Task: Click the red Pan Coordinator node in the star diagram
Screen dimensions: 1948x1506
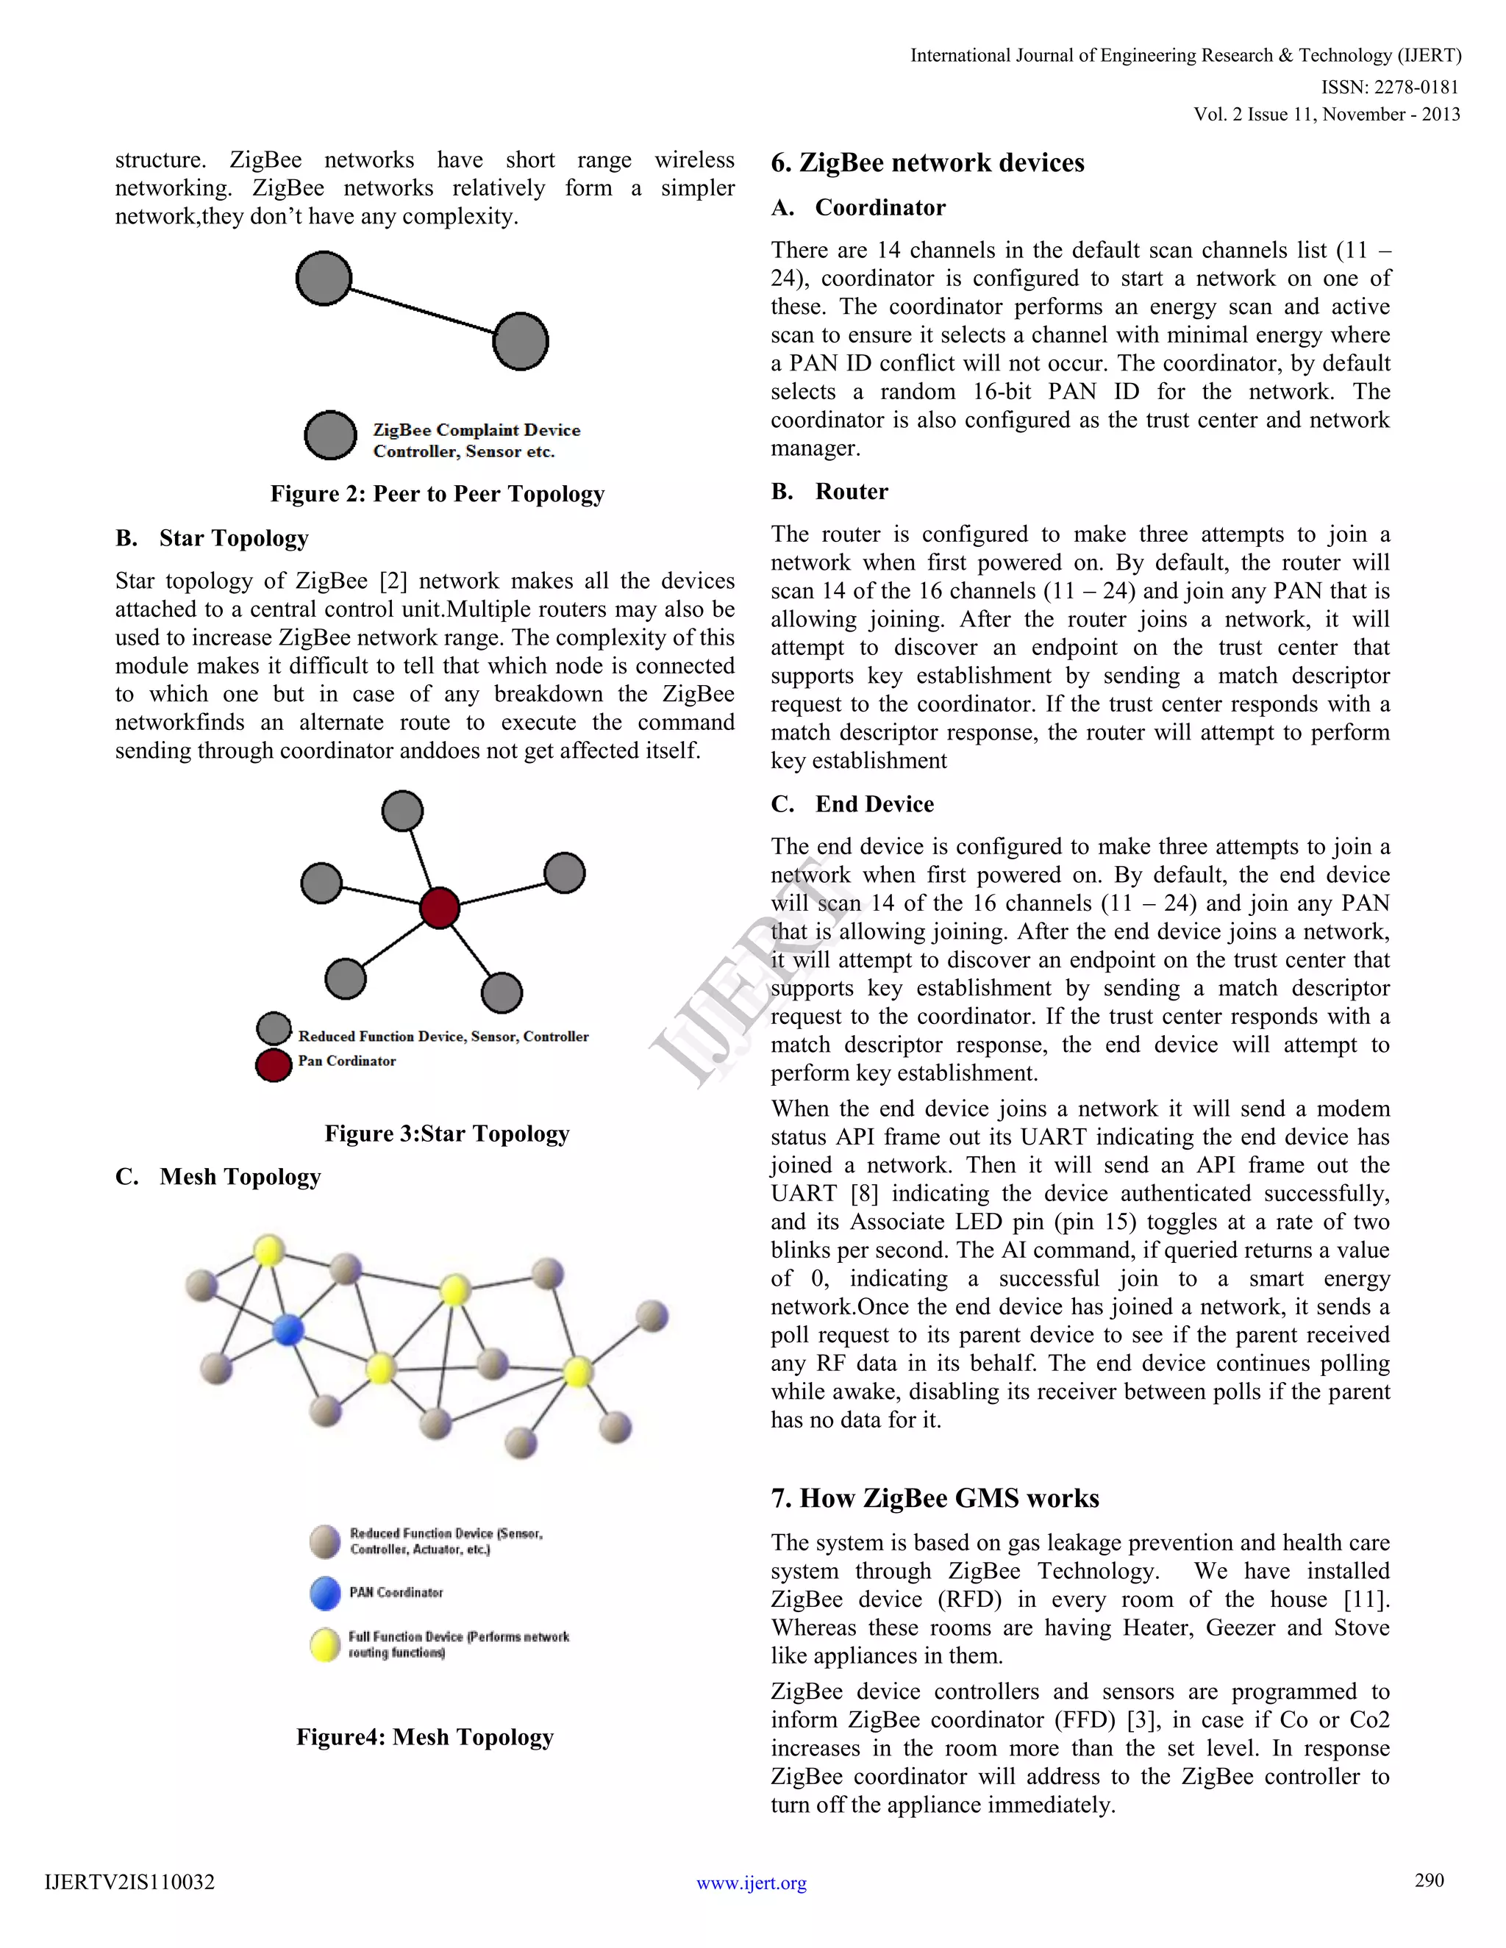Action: [x=439, y=908]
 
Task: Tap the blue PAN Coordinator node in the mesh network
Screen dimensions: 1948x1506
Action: [x=288, y=1330]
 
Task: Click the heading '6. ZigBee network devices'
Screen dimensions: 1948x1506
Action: [x=927, y=162]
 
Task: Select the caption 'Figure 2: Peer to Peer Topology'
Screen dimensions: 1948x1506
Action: [x=438, y=494]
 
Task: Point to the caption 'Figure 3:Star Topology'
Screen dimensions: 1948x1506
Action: [x=446, y=1134]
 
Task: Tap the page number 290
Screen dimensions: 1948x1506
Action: [x=1428, y=1880]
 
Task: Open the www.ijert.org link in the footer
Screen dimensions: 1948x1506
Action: [x=752, y=1883]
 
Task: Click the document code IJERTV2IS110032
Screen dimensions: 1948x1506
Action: [x=129, y=1882]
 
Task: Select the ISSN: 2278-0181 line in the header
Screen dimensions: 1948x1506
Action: [x=1389, y=87]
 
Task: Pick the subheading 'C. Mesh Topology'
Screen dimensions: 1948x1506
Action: [x=218, y=1178]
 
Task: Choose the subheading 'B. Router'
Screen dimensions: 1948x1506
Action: [x=829, y=492]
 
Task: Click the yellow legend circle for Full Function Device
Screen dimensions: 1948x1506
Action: [x=325, y=1644]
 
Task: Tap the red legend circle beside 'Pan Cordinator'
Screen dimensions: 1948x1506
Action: [x=274, y=1065]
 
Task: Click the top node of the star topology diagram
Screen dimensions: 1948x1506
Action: [x=402, y=811]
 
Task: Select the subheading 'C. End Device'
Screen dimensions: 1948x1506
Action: [x=852, y=803]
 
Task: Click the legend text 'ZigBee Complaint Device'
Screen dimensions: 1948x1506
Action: [x=477, y=430]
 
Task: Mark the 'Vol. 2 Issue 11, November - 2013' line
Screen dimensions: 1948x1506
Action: [x=1327, y=114]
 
